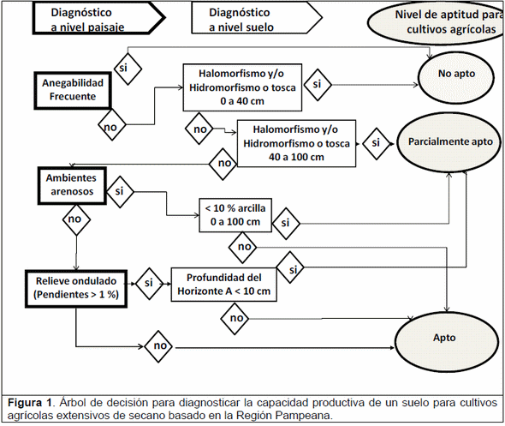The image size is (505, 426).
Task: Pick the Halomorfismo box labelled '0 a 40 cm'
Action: point(241,87)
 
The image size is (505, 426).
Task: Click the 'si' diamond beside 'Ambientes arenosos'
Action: point(120,192)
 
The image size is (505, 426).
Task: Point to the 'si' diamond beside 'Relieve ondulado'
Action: point(150,281)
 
